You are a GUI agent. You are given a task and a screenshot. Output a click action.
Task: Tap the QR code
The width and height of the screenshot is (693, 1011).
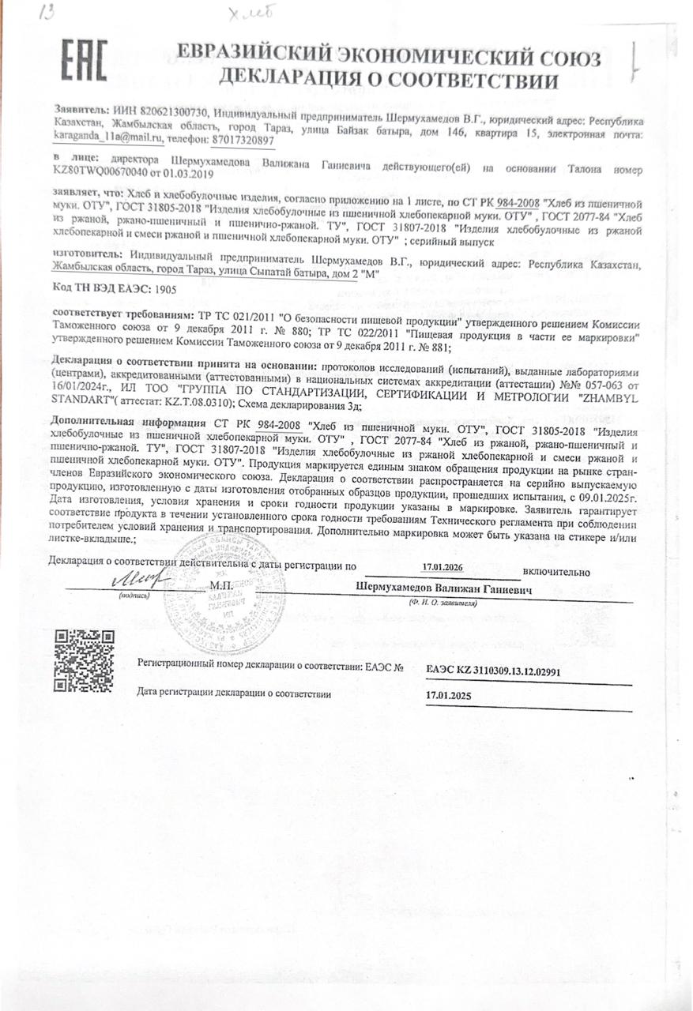[83, 660]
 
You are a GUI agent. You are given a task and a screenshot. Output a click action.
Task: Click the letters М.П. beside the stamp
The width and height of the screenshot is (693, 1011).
[221, 586]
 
